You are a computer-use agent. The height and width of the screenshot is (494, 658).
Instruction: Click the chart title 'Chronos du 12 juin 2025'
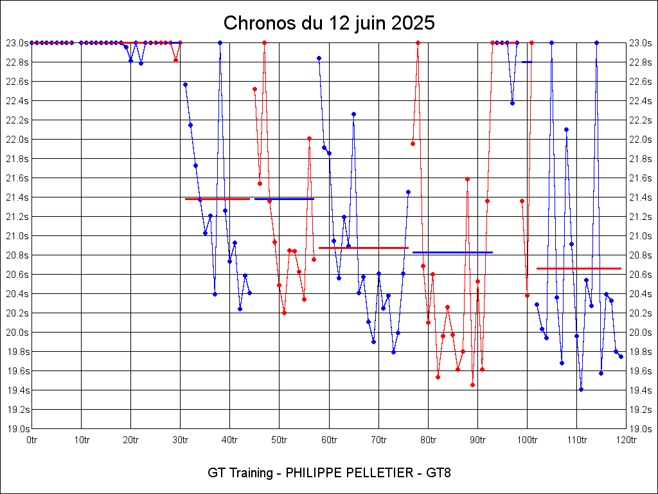[329, 24]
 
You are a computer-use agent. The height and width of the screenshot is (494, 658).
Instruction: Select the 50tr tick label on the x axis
[279, 440]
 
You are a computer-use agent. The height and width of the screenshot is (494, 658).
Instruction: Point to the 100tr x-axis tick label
[527, 440]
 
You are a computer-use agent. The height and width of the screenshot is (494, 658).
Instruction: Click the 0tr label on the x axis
[31, 440]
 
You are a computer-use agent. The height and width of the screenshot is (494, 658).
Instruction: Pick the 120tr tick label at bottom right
[626, 440]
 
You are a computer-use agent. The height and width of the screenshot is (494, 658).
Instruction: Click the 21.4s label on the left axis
[17, 197]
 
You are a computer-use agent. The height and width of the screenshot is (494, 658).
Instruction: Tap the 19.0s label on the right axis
[640, 429]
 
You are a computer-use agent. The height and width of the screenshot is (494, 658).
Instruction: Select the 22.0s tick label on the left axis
[17, 140]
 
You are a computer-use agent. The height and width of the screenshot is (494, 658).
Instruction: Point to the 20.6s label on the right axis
[640, 275]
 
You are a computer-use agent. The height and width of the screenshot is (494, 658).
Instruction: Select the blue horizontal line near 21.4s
[284, 199]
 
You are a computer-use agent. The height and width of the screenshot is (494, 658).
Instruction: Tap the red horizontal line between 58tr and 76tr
[364, 248]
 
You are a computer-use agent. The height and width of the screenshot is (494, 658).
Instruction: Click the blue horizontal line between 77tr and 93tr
[452, 252]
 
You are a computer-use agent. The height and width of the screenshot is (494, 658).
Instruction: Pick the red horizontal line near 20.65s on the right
[578, 268]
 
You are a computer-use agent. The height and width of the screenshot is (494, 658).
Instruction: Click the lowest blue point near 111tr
[581, 389]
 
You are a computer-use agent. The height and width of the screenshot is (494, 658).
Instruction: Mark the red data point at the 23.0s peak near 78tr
[418, 42]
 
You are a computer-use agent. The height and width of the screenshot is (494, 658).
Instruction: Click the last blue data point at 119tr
[621, 356]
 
